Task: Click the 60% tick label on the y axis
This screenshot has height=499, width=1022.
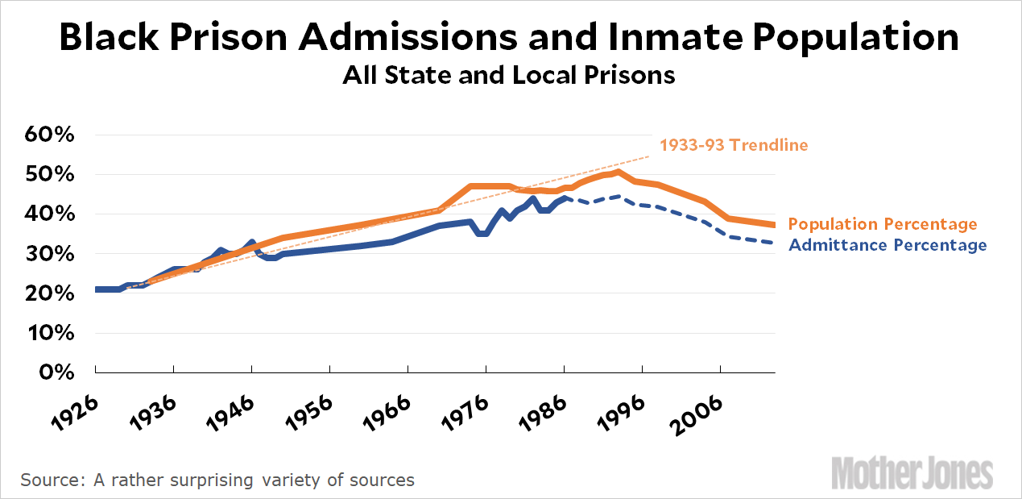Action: (x=51, y=135)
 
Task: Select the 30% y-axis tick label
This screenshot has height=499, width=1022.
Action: (x=51, y=254)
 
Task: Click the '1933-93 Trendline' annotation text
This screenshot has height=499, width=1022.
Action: (x=733, y=145)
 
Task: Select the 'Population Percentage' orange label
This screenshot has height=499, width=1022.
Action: (x=883, y=224)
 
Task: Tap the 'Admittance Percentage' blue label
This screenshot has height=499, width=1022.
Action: (x=888, y=245)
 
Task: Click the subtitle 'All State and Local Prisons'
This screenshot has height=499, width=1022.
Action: (x=508, y=76)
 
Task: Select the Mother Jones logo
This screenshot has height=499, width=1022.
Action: (x=912, y=470)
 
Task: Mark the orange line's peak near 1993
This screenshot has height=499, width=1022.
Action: (x=618, y=172)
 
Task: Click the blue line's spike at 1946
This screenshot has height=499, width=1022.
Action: (x=252, y=242)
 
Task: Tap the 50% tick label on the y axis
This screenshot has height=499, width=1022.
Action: (x=51, y=175)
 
